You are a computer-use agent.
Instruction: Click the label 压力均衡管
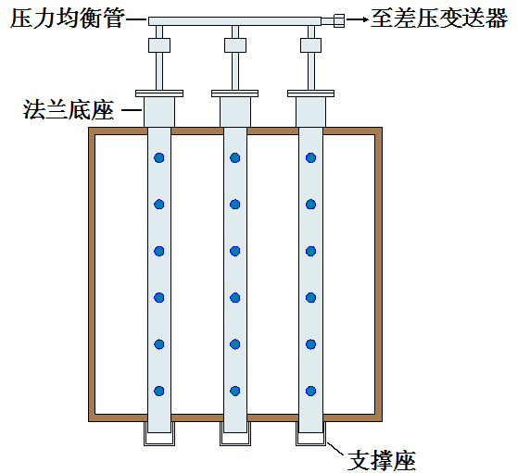coord(68,18)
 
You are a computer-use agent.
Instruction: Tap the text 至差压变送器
coord(439,18)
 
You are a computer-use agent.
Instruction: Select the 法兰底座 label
coord(69,109)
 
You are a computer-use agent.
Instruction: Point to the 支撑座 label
coord(382,460)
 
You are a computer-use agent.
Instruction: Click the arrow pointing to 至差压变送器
coord(358,19)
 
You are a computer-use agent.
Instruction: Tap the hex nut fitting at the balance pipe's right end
coord(339,20)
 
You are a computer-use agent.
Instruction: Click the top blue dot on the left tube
coord(159,157)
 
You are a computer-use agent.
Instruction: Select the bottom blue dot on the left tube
coord(159,391)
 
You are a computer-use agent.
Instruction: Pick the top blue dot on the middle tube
coord(234,157)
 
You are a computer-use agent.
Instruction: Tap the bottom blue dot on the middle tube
coord(234,391)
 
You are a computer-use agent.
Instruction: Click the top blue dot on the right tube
coord(310,157)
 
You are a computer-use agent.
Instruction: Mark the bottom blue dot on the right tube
coord(310,391)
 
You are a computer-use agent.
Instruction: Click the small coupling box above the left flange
coord(159,45)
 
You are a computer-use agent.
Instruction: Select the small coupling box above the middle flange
coord(235,45)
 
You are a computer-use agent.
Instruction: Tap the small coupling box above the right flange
coord(311,45)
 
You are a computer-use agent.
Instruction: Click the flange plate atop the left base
coord(159,93)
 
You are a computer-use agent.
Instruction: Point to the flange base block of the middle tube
coord(235,112)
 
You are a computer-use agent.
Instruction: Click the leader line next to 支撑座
coord(336,450)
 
